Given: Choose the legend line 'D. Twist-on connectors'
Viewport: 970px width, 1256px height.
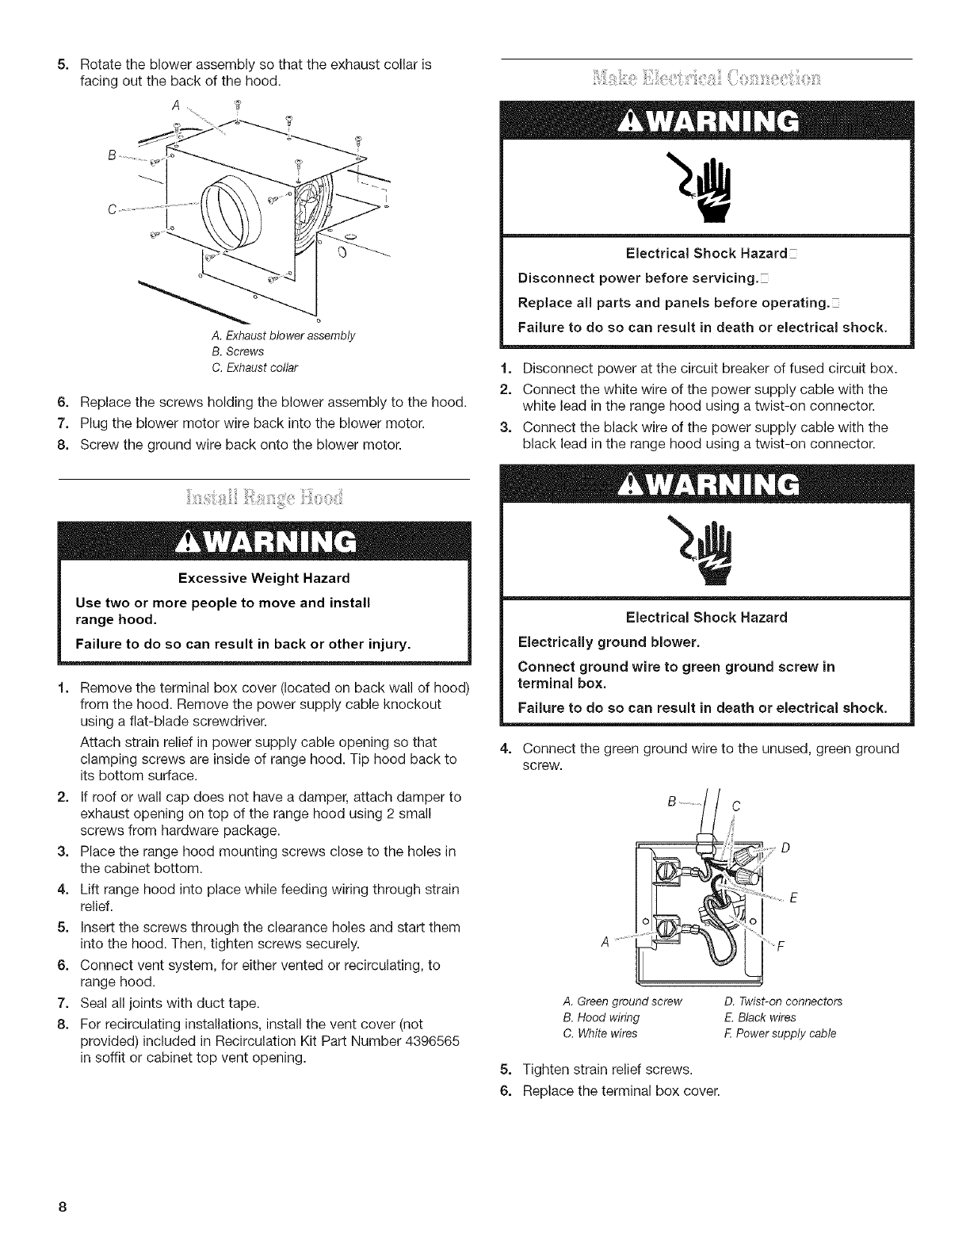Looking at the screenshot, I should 784,1001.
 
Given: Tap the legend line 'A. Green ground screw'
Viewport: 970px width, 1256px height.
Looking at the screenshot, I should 621,1001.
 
